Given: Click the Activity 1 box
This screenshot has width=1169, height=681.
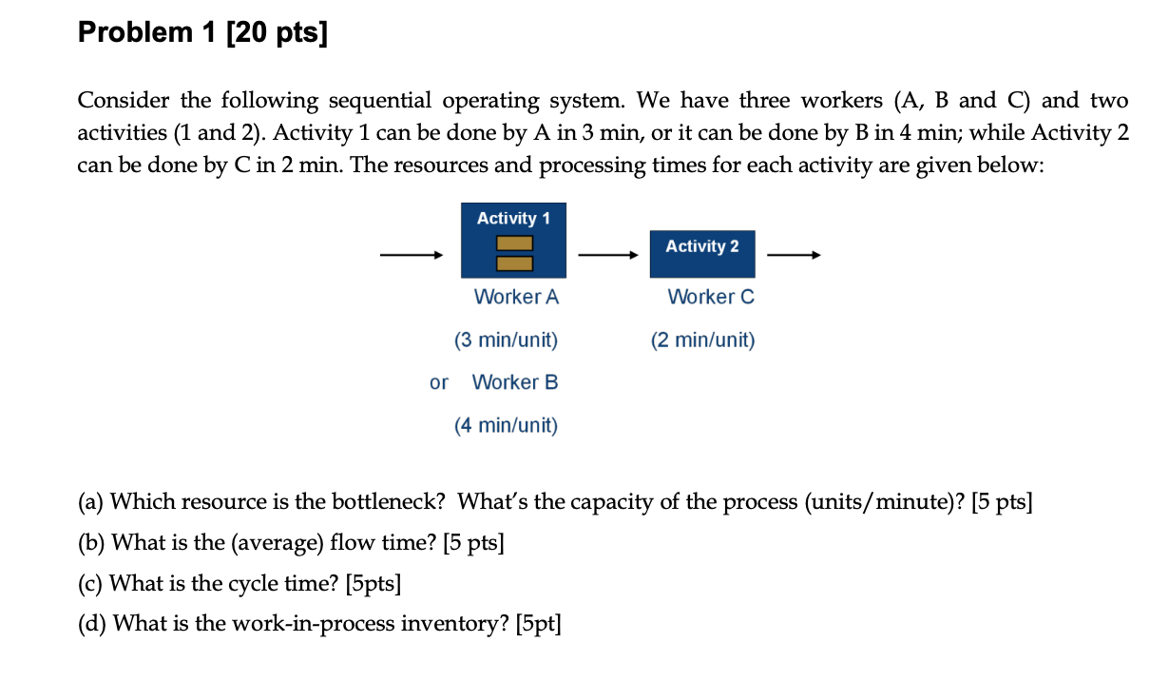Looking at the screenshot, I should tap(513, 240).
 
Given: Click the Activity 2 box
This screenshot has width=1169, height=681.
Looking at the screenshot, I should tap(702, 254).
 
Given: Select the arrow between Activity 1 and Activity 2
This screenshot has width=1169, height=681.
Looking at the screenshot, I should tap(607, 255).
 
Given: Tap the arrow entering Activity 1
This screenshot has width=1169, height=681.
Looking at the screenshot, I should tap(411, 255).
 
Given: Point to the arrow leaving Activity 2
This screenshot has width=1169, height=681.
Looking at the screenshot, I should tap(793, 255).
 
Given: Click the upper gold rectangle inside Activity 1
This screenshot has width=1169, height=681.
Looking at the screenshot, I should tap(513, 243).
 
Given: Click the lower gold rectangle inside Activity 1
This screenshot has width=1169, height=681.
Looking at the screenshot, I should tap(513, 263).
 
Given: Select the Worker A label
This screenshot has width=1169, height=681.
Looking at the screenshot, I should tap(516, 297).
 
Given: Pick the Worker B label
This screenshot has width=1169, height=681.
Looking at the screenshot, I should tap(515, 382).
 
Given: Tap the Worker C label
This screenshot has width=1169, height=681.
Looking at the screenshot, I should tap(711, 297).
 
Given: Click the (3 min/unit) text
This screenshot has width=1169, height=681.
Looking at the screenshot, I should tap(506, 340).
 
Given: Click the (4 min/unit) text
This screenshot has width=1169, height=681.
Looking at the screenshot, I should tap(506, 425).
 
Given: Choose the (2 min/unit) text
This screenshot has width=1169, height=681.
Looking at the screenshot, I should tap(702, 340).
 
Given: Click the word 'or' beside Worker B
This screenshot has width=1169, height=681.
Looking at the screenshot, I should tap(438, 382).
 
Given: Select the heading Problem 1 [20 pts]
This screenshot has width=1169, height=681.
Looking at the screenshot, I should tap(201, 33).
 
